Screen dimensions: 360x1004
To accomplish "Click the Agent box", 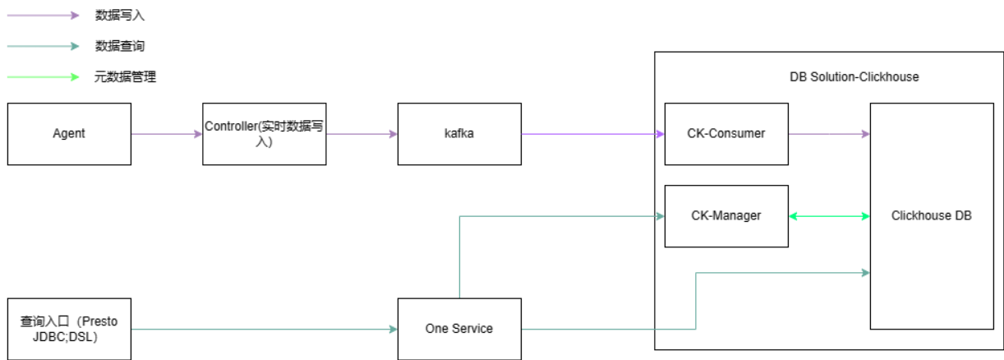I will click(x=69, y=133).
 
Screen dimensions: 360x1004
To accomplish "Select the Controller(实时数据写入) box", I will click(x=265, y=133).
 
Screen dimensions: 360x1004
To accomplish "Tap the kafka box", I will click(x=459, y=133).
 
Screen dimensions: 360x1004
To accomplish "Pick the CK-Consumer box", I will click(x=726, y=133).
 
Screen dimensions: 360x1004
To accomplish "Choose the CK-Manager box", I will click(x=726, y=216).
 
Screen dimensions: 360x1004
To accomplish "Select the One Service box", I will click(x=459, y=329).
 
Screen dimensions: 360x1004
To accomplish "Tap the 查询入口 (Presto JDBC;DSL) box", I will click(x=69, y=329).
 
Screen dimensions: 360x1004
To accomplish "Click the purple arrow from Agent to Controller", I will click(x=167, y=133).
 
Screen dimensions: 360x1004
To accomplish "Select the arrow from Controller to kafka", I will click(x=362, y=133).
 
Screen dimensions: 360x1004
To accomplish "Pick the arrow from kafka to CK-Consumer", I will click(x=592, y=133).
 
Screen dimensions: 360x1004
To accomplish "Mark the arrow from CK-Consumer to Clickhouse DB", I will click(x=829, y=133).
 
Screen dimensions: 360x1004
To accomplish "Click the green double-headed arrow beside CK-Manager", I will click(x=829, y=216).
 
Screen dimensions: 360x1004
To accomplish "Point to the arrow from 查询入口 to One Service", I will click(x=264, y=330).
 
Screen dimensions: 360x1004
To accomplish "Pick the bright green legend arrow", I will click(x=43, y=77).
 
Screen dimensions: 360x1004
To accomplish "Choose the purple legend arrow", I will click(x=43, y=15).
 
